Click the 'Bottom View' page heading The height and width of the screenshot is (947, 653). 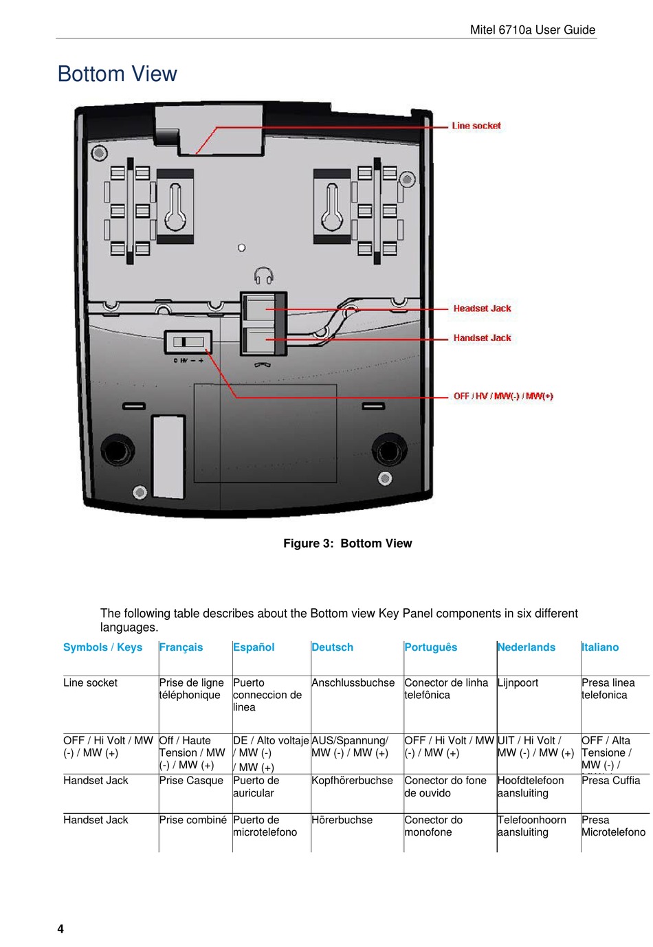click(118, 74)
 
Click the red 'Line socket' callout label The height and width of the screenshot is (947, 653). click(476, 126)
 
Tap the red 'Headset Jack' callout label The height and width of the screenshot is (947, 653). click(482, 309)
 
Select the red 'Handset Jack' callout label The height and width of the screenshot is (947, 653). click(482, 338)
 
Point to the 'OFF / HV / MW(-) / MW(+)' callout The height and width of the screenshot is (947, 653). click(503, 397)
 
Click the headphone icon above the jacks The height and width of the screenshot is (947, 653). click(263, 276)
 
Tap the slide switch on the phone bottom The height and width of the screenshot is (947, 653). click(188, 342)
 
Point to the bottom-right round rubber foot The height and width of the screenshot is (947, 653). click(388, 451)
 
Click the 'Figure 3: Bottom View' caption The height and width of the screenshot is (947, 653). click(347, 544)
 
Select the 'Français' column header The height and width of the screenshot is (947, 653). click(181, 647)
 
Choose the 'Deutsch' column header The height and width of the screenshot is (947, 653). click(332, 647)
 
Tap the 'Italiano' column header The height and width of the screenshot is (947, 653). click(599, 647)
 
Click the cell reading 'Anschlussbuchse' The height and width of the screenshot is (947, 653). click(353, 683)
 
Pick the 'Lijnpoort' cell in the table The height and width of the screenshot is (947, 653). click(518, 683)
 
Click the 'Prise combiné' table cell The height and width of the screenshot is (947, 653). click(192, 820)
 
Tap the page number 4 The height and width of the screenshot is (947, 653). click(60, 929)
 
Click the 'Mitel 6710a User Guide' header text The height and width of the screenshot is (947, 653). click(532, 30)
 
